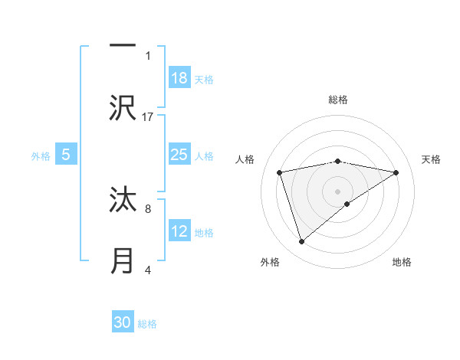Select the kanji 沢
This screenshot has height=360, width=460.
pos(123,107)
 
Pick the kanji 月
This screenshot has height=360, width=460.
pos(123,260)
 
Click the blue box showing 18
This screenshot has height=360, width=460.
pos(179,78)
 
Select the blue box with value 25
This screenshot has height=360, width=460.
pos(179,155)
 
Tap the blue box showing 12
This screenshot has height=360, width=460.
pos(179,231)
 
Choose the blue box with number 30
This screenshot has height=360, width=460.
pos(123,322)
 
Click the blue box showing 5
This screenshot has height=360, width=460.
pos(66,155)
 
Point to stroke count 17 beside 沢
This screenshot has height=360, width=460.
pos(148,117)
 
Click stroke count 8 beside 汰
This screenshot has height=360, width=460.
pos(148,208)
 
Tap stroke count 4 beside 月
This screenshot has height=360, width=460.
pos(148,270)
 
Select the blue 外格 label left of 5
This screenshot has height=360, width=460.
pos(41,155)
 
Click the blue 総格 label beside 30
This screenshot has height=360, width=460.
pos(147,323)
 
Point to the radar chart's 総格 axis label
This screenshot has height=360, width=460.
pos(338,100)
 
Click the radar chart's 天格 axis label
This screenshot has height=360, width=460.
pos(432,159)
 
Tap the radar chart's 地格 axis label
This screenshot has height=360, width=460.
pos(402,262)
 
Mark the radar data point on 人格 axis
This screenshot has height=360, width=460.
pos(280,172)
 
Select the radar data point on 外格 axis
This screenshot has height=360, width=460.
pos(302,242)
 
